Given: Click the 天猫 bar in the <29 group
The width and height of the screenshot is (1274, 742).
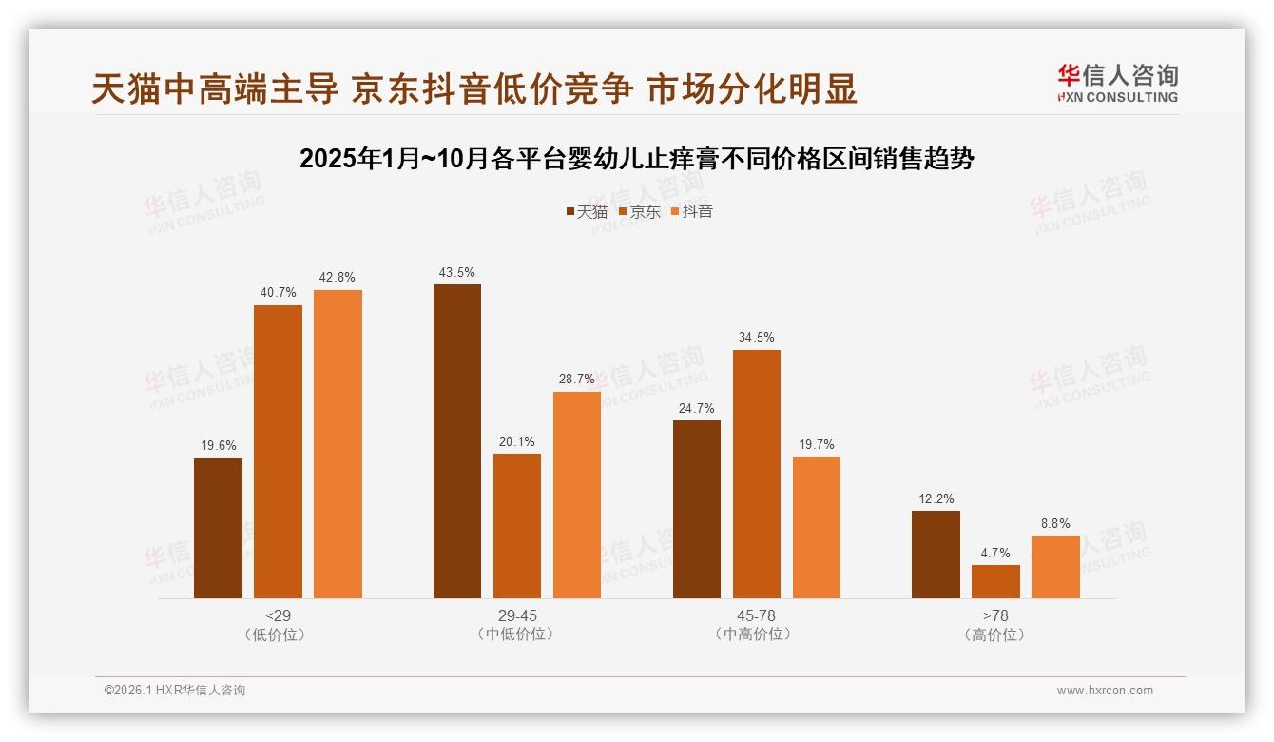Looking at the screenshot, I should (x=218, y=528).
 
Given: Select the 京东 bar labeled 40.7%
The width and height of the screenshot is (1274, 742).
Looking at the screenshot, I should (x=278, y=452).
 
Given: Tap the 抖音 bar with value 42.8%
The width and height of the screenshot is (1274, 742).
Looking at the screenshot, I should (x=338, y=444).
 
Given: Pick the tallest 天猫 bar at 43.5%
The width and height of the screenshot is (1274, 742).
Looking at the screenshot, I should (x=457, y=441).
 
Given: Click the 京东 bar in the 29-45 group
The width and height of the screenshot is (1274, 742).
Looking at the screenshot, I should (x=517, y=526).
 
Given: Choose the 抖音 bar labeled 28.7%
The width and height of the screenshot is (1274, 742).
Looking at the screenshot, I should (x=577, y=495).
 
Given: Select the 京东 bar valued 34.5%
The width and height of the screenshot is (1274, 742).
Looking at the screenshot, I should (x=757, y=474).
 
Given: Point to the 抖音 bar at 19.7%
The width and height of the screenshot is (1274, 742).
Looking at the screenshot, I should (x=817, y=527).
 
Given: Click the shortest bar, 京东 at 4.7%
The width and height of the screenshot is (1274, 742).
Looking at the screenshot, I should (x=995, y=581).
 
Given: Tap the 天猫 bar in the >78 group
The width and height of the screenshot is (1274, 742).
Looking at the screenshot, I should (x=936, y=555).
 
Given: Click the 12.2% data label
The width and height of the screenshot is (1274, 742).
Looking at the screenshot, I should (x=936, y=498).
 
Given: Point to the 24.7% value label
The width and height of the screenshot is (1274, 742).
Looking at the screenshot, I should (x=697, y=408).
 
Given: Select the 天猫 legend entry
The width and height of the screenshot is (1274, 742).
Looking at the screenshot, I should (x=586, y=212).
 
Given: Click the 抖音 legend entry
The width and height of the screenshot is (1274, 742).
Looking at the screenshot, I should (x=691, y=212).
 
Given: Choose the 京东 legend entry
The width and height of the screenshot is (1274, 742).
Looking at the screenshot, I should (x=639, y=212).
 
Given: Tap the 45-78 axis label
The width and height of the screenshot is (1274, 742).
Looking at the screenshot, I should (x=756, y=615).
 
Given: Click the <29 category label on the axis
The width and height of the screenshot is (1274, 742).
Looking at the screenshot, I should (x=278, y=615).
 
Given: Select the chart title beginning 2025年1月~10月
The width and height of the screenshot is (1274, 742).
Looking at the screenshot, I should (x=636, y=159).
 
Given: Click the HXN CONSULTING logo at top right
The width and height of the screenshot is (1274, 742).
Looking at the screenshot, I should (x=1117, y=84).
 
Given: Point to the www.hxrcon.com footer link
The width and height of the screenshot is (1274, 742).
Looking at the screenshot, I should (x=1105, y=691).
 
